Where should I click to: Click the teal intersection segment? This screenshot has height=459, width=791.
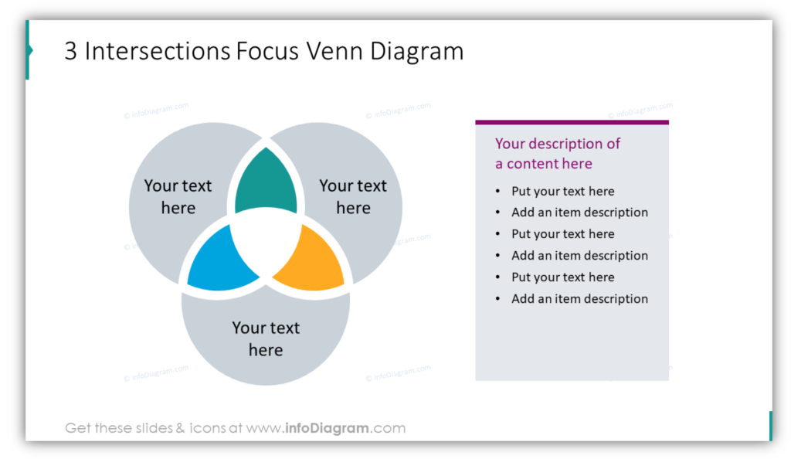pyautogui.click(x=266, y=184)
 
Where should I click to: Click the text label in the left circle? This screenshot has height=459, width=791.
pyautogui.click(x=178, y=197)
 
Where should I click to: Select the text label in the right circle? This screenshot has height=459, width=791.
pyautogui.click(x=353, y=197)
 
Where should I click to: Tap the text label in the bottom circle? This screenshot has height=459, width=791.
pyautogui.click(x=266, y=339)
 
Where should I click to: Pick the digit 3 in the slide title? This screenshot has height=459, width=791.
pyautogui.click(x=71, y=52)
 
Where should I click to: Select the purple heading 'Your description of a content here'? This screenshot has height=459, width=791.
pyautogui.click(x=558, y=153)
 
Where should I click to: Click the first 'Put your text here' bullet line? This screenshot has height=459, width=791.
pyautogui.click(x=562, y=191)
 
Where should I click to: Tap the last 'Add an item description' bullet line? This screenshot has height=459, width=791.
pyautogui.click(x=579, y=298)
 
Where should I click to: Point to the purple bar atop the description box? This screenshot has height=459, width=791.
pyautogui.click(x=572, y=122)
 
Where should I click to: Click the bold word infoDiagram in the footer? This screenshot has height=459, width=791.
pyautogui.click(x=327, y=428)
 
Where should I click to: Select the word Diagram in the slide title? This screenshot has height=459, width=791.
pyautogui.click(x=416, y=52)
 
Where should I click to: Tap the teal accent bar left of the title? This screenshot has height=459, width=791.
pyautogui.click(x=29, y=50)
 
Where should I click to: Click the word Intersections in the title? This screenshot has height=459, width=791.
pyautogui.click(x=158, y=51)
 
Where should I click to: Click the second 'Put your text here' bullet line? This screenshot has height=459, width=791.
pyautogui.click(x=562, y=234)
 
